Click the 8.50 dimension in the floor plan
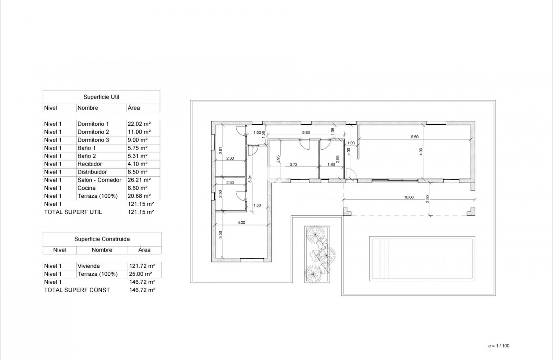point(414,137)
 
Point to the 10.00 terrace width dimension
point(408,197)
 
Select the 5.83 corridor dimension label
point(306,133)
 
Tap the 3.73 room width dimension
point(293,165)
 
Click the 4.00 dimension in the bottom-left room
point(241,223)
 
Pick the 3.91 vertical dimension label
point(220,151)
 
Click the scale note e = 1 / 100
point(499,346)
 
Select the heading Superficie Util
point(101,97)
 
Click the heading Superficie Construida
point(102,239)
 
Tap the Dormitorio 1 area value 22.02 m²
point(138,124)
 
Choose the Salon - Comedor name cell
point(99,180)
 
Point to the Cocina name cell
point(86,188)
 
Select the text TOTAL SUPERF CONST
point(77,290)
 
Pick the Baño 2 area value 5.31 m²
point(137,156)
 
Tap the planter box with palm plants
point(317,254)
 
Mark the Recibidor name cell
point(89,164)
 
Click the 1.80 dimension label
point(331,165)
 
